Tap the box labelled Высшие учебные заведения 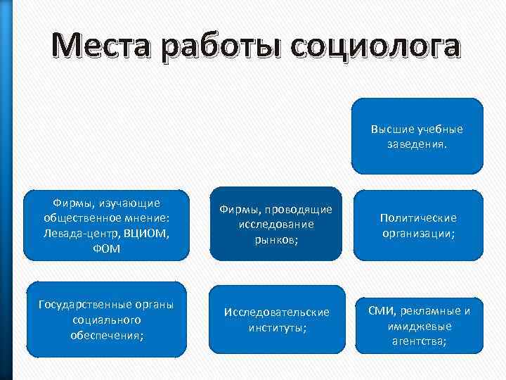pos(417,136)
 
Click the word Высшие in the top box pos(391,129)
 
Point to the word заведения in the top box pos(416,143)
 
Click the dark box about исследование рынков pos(276,224)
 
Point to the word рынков pos(276,240)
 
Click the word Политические pos(418,217)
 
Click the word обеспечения pos(108,335)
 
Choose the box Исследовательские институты pos(276,319)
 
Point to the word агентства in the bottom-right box pos(417,341)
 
